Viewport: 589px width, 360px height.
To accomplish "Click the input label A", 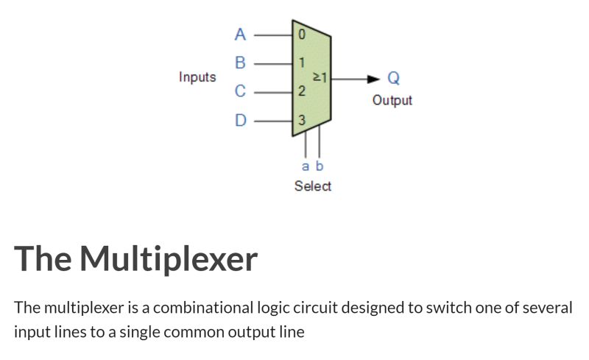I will coord(240,34).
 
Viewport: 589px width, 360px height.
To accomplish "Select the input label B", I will coord(240,63).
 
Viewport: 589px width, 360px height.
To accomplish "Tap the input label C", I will coord(240,92).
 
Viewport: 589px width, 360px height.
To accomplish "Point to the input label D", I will coord(240,120).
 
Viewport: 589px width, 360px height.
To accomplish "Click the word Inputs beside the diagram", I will coord(197,77).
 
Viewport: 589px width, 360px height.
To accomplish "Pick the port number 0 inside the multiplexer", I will coord(301,34).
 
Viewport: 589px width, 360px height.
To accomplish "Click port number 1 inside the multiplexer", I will coord(301,63).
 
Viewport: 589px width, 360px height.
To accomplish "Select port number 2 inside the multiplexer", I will coord(301,92).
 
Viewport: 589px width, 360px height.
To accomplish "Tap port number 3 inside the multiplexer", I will coord(301,120).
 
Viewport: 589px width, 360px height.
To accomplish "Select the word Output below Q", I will coord(392,100).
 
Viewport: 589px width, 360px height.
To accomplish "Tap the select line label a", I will coord(306,166).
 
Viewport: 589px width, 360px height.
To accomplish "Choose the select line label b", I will coord(320,166).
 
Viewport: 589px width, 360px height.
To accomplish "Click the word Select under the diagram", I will coord(313,186).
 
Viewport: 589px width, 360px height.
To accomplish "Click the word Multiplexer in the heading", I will coord(169,259).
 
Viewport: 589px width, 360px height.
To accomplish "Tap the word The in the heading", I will coord(43,259).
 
